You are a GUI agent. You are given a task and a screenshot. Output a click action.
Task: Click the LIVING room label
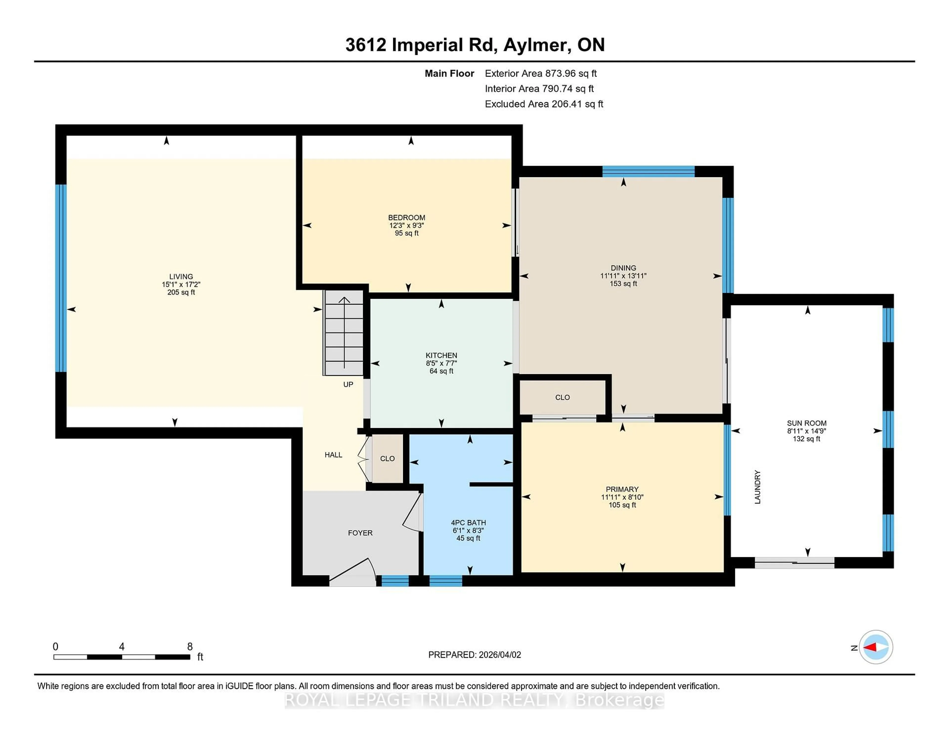181,276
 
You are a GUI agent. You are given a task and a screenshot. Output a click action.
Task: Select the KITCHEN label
441,355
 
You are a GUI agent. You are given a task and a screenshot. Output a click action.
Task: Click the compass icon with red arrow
876,647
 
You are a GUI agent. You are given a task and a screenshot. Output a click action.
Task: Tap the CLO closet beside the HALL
387,459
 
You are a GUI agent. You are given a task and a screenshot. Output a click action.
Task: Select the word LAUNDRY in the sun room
757,487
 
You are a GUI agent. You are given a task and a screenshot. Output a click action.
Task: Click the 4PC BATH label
468,523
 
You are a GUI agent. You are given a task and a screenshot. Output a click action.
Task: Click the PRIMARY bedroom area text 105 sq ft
622,505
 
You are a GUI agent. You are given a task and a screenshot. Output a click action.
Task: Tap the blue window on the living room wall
61,278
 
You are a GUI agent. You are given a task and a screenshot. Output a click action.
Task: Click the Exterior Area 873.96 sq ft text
540,73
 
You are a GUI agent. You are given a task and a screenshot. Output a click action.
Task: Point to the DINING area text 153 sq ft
623,283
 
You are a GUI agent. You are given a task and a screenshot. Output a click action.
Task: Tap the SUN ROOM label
806,423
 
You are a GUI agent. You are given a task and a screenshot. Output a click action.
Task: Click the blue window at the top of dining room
648,171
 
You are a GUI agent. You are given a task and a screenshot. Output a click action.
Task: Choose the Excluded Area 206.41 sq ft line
544,104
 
